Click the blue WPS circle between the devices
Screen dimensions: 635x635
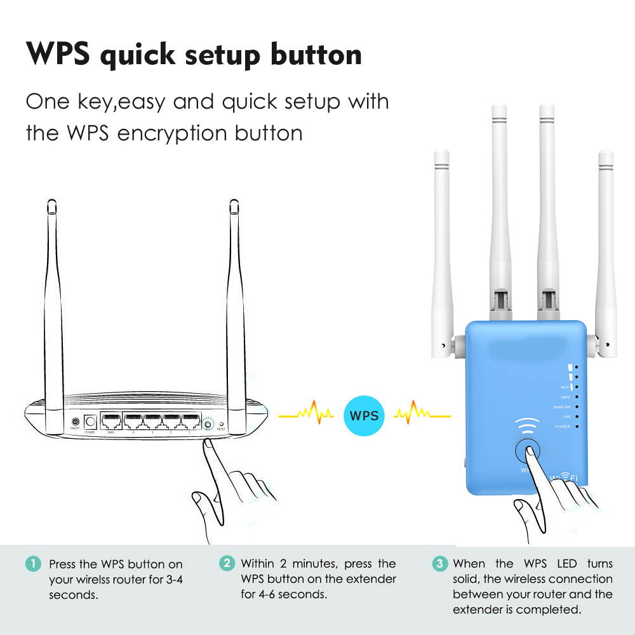(364, 417)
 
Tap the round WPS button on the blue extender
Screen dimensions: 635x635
(529, 452)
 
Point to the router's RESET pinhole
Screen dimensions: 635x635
(221, 422)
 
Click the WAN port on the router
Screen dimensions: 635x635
(111, 422)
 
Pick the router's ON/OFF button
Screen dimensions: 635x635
(76, 422)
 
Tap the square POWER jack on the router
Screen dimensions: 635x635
(90, 422)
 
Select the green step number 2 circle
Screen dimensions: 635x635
(226, 563)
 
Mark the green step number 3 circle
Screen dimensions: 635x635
(439, 563)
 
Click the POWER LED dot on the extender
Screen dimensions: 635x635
(576, 427)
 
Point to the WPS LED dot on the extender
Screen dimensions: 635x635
(576, 396)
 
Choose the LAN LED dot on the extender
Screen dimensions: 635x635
(576, 417)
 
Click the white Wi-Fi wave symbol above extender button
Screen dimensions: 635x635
(528, 425)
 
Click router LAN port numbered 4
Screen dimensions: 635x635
(133, 422)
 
